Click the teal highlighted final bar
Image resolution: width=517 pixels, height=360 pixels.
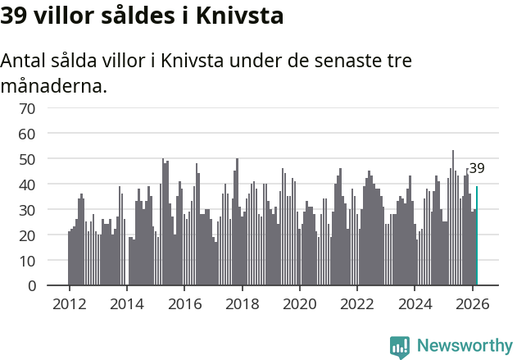(x=477, y=236)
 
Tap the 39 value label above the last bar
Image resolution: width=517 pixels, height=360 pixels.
(x=476, y=169)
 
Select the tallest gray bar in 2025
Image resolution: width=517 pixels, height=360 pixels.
(x=453, y=218)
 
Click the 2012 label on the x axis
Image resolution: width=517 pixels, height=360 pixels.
(x=69, y=303)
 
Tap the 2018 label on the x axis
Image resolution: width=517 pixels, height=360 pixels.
(x=242, y=303)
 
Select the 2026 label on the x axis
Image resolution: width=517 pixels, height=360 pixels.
(x=473, y=303)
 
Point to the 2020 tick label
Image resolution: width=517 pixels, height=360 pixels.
(x=300, y=303)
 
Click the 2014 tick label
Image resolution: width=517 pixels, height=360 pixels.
(x=126, y=303)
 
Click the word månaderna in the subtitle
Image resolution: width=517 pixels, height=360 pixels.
(x=54, y=85)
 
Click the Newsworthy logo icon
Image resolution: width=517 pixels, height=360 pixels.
(x=400, y=346)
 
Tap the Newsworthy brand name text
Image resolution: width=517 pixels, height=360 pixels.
(x=464, y=346)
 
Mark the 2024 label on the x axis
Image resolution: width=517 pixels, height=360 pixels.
(x=415, y=303)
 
